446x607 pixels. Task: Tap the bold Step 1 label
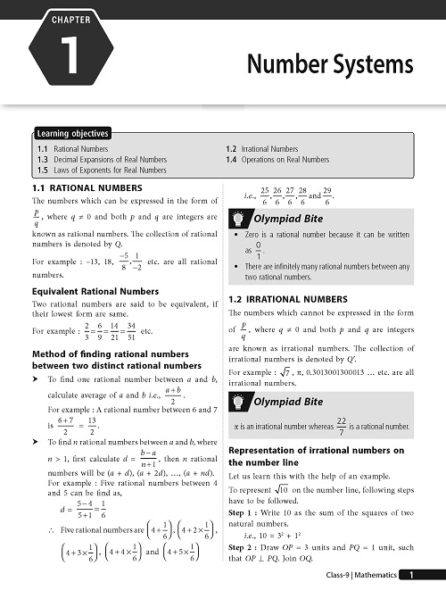244,520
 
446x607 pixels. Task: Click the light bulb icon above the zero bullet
240,217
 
